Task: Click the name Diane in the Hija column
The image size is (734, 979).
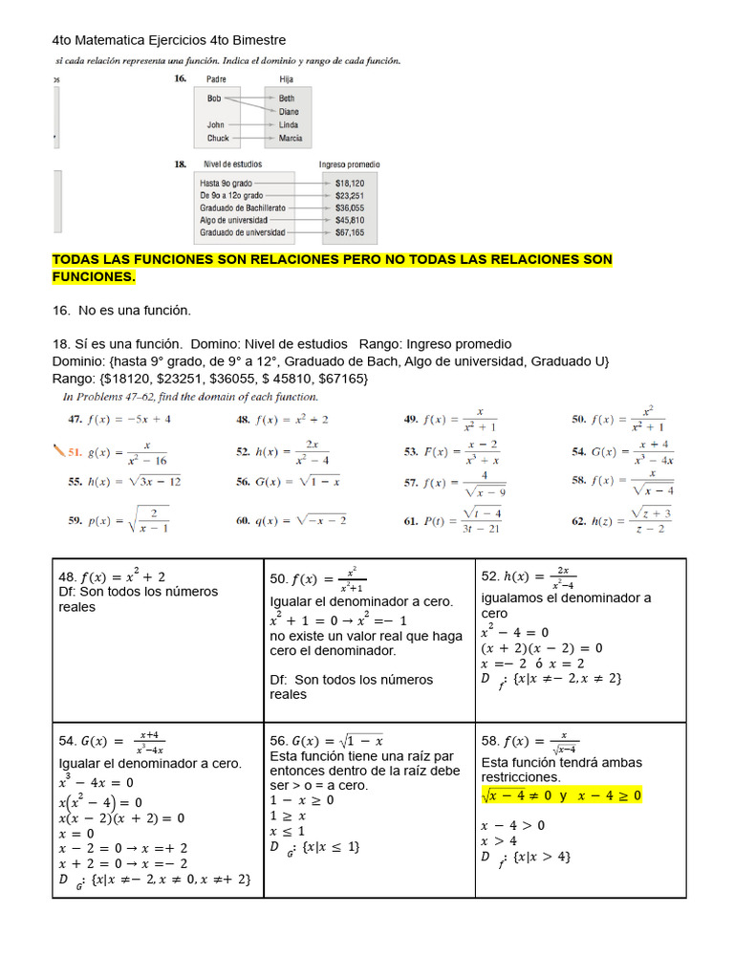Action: pyautogui.click(x=289, y=112)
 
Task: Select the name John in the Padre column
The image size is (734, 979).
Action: pyautogui.click(x=216, y=125)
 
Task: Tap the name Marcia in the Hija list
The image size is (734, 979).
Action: pyautogui.click(x=291, y=139)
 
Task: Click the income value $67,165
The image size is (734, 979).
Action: pyautogui.click(x=349, y=232)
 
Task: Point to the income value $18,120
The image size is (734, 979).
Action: pyautogui.click(x=349, y=182)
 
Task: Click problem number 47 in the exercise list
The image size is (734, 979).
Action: pyautogui.click(x=75, y=419)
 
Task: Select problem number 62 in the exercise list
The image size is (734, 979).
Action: pyautogui.click(x=579, y=521)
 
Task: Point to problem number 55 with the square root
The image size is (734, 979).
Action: pyautogui.click(x=75, y=482)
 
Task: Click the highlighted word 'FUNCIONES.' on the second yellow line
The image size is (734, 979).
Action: pyautogui.click(x=94, y=277)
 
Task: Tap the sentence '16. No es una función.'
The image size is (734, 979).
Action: pyautogui.click(x=121, y=310)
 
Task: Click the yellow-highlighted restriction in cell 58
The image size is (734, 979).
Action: pyautogui.click(x=561, y=795)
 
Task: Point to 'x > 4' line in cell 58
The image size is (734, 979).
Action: pyautogui.click(x=500, y=841)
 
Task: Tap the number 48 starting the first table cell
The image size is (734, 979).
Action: pyautogui.click(x=67, y=577)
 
